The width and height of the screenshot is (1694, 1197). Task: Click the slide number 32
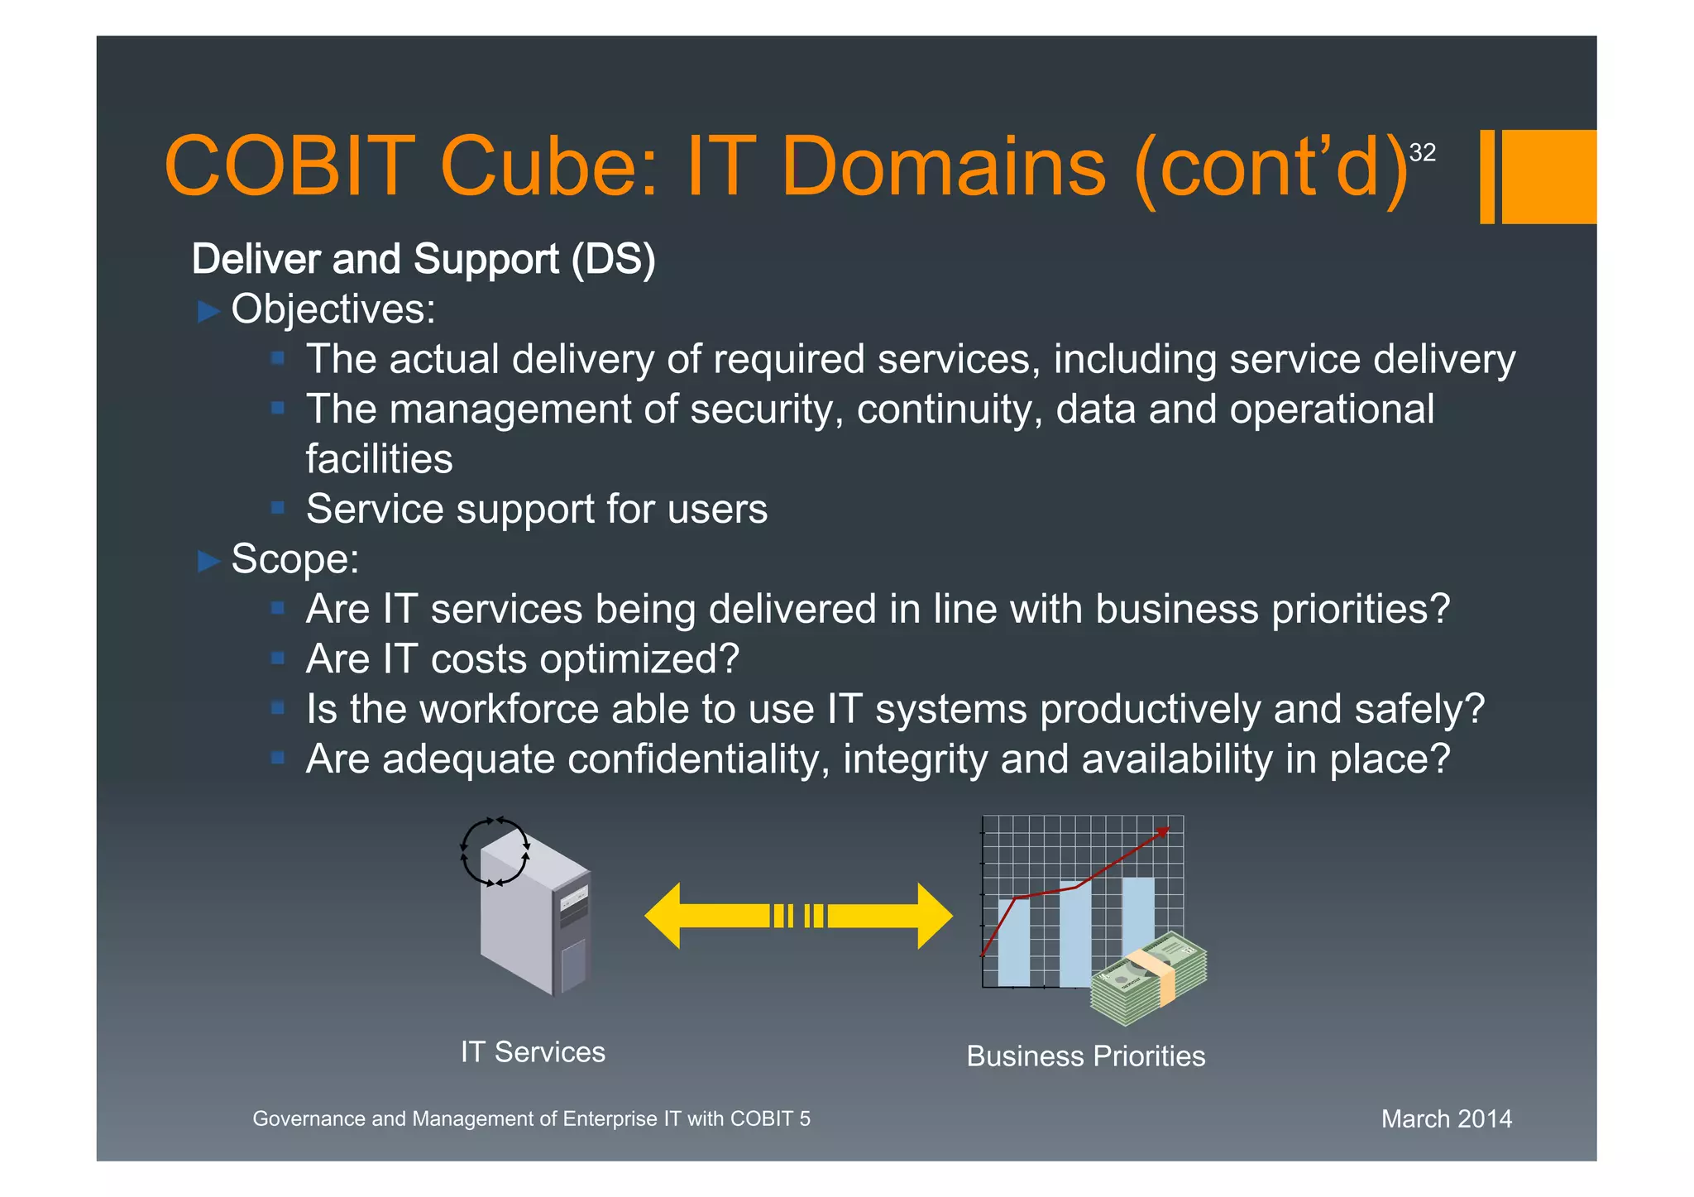click(x=1422, y=152)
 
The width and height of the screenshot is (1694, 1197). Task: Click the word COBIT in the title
click(x=290, y=167)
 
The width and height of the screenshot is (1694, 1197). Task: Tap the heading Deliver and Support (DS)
click(x=423, y=259)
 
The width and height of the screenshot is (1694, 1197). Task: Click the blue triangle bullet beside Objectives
click(x=208, y=312)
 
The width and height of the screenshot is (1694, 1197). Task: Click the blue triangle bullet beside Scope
click(x=208, y=562)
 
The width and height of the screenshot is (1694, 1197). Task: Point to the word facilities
click(x=379, y=459)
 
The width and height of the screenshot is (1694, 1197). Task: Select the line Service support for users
click(x=536, y=509)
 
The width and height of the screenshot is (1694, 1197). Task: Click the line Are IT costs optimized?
click(x=522, y=659)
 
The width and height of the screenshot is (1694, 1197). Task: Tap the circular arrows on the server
click(x=494, y=852)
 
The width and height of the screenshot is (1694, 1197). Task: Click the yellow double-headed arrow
click(x=798, y=916)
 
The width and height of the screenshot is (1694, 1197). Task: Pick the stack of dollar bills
click(x=1148, y=978)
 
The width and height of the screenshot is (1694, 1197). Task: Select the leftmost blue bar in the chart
click(x=1013, y=942)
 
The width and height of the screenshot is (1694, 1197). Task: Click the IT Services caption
click(x=533, y=1052)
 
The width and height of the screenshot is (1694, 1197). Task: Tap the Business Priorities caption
click(x=1085, y=1056)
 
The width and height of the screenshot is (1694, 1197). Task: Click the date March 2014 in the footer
click(x=1446, y=1119)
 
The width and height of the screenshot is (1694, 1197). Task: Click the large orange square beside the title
click(x=1548, y=176)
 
